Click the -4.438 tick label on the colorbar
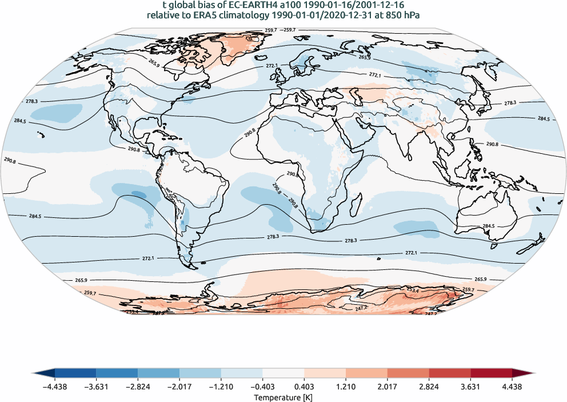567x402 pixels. click(x=55, y=385)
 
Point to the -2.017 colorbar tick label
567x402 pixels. click(x=179, y=385)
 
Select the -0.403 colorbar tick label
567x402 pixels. click(x=262, y=385)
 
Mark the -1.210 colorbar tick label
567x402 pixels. click(x=221, y=385)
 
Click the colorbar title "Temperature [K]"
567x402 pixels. click(x=283, y=397)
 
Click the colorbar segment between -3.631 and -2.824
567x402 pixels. click(x=117, y=373)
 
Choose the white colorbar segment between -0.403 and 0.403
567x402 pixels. click(x=283, y=373)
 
